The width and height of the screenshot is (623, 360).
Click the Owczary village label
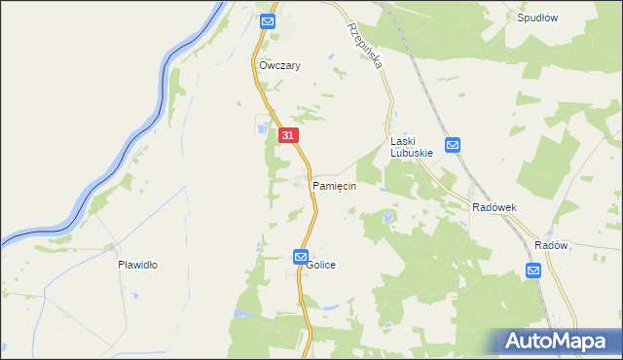pyautogui.click(x=279, y=66)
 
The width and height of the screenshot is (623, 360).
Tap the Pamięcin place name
pyautogui.click(x=334, y=185)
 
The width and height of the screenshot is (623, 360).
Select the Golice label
pyautogui.click(x=322, y=265)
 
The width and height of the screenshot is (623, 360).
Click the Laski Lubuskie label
pyautogui.click(x=411, y=147)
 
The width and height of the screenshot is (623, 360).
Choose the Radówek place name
pyautogui.click(x=494, y=208)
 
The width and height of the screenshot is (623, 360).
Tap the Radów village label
pyautogui.click(x=551, y=245)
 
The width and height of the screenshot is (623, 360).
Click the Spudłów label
pyautogui.click(x=537, y=18)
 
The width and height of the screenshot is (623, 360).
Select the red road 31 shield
pyautogui.click(x=288, y=135)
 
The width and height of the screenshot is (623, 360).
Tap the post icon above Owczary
pyautogui.click(x=269, y=20)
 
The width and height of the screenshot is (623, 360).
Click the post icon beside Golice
pyautogui.click(x=301, y=256)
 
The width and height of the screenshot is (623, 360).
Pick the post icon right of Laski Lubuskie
pyautogui.click(x=454, y=145)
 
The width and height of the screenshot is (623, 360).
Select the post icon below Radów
pyautogui.click(x=534, y=270)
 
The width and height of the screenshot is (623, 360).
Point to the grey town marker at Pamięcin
pyautogui.click(x=299, y=182)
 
